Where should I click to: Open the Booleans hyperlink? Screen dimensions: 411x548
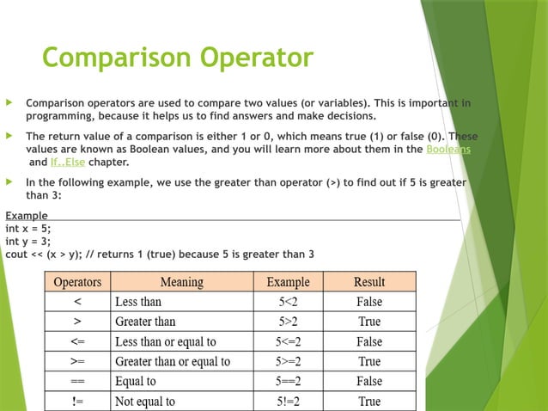point(448,149)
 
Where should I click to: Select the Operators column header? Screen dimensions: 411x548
point(78,282)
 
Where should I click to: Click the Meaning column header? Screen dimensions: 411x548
point(182,282)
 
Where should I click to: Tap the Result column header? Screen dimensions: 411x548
point(369,282)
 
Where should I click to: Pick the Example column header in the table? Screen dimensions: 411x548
point(289,282)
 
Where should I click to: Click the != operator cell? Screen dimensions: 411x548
point(78,402)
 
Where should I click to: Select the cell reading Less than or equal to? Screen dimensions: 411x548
point(165,341)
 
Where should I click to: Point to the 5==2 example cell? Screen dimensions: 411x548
point(289,381)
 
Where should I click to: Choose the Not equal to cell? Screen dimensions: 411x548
point(145,402)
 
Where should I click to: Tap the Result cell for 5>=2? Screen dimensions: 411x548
point(369,361)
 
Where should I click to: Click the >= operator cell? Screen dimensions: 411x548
point(78,361)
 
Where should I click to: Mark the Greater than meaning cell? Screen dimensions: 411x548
point(145,322)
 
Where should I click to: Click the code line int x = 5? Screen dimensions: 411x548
point(28,228)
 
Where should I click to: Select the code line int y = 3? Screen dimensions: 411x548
point(28,241)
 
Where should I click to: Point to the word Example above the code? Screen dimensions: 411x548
point(27,215)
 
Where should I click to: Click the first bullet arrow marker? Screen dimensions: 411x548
point(9,103)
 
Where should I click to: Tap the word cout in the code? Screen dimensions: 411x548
point(17,254)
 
